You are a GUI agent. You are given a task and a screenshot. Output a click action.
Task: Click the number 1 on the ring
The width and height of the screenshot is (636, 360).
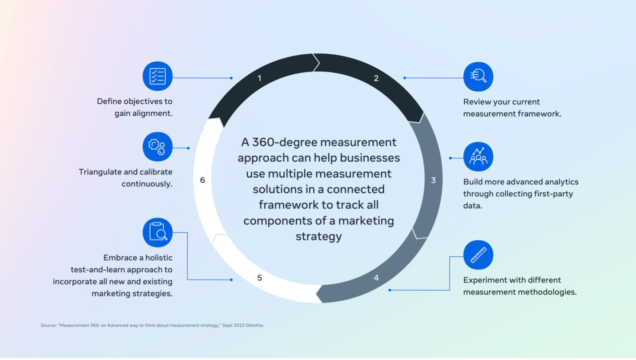coord(259,78)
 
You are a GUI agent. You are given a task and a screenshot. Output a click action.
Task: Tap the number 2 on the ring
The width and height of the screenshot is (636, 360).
coord(376,78)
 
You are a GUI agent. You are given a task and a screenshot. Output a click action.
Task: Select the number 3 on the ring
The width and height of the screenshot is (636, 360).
coord(433,180)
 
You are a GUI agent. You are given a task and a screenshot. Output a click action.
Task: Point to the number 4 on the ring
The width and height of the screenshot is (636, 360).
coord(376,277)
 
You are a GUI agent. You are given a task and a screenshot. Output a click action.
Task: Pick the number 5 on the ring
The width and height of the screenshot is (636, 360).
coord(259,277)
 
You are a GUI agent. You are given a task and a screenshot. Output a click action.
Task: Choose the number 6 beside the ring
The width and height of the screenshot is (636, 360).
coord(203,180)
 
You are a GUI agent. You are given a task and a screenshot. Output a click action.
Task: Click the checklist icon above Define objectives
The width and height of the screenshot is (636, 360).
coord(157,76)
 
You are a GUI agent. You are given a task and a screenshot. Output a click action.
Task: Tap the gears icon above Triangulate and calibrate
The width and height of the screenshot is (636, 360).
coord(157,146)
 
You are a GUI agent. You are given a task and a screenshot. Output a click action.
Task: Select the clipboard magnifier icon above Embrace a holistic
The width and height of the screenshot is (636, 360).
coord(157,232)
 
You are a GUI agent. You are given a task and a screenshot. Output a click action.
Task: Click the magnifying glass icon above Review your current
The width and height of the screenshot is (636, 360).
coord(478,76)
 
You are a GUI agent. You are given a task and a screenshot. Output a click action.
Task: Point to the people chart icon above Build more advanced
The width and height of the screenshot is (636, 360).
coord(478,156)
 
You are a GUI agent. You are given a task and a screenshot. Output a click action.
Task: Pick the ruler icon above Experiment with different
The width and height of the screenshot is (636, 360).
coord(478,252)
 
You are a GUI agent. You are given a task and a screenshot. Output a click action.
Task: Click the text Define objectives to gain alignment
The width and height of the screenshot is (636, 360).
coord(135,107)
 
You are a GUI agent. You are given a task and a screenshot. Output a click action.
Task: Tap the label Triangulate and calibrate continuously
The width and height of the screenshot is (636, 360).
coord(126,177)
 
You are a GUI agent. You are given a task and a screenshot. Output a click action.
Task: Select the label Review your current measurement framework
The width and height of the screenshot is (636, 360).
coord(511,107)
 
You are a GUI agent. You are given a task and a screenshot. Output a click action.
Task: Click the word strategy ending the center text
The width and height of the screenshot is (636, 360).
coord(318,236)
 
